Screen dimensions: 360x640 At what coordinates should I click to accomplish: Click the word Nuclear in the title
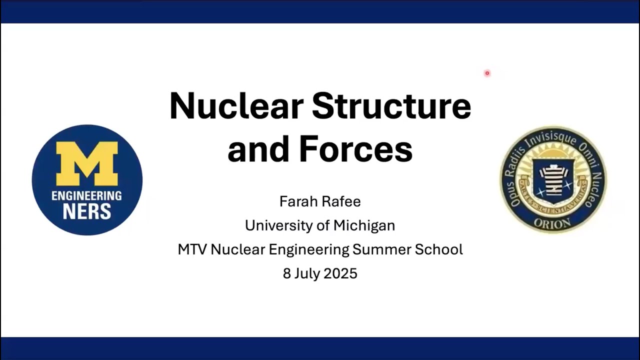pyautogui.click(x=236, y=106)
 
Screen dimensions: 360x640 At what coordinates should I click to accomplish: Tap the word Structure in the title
pyautogui.click(x=391, y=106)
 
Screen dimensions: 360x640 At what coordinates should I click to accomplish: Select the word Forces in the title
pyautogui.click(x=355, y=149)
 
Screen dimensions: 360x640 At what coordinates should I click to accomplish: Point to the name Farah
pyautogui.click(x=298, y=201)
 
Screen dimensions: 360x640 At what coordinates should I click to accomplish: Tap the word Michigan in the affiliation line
pyautogui.click(x=364, y=225)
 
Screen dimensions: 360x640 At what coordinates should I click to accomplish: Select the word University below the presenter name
pyautogui.click(x=275, y=225)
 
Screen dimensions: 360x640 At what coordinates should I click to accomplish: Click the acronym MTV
pyautogui.click(x=192, y=249)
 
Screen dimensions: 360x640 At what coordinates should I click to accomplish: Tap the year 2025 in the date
pyautogui.click(x=340, y=273)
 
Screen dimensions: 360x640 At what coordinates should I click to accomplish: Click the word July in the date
pyautogui.click(x=308, y=273)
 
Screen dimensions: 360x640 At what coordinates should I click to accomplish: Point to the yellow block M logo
pyautogui.click(x=87, y=163)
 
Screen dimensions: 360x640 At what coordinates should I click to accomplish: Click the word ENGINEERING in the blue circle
pyautogui.click(x=86, y=195)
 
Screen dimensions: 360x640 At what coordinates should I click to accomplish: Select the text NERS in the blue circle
pyautogui.click(x=86, y=211)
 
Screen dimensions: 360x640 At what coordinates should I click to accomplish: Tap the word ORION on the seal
pyautogui.click(x=552, y=223)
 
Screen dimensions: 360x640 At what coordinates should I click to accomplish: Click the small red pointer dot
pyautogui.click(x=487, y=73)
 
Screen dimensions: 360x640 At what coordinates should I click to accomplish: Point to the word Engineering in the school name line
pyautogui.click(x=308, y=249)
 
